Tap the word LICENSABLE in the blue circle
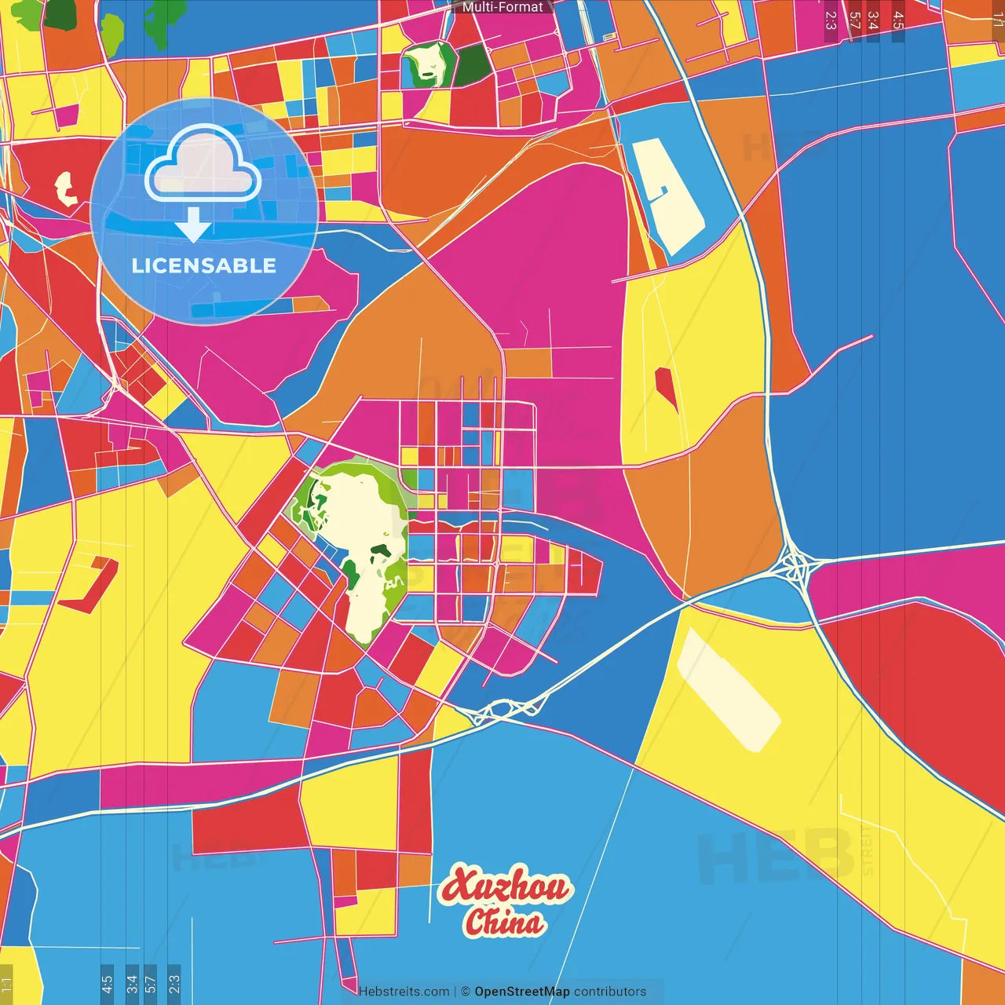coord(204,265)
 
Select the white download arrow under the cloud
coord(193,225)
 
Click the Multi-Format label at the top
coord(502,7)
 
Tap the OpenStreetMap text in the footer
coord(521,992)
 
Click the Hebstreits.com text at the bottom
coord(404,992)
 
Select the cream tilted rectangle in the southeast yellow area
coord(728,690)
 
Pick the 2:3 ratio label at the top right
coord(831,20)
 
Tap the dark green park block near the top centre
coord(472,65)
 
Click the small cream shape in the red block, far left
coord(65,188)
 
